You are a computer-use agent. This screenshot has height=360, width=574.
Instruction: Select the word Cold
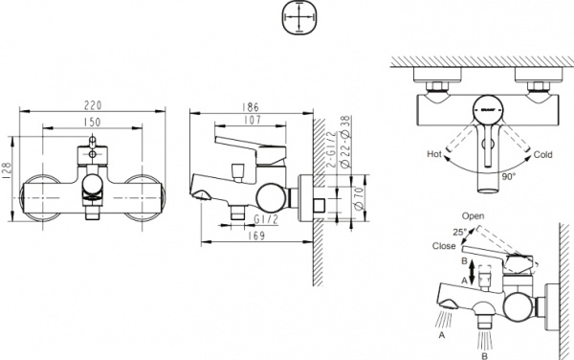(x=542, y=152)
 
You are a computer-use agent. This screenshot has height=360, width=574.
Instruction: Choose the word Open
(x=473, y=216)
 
